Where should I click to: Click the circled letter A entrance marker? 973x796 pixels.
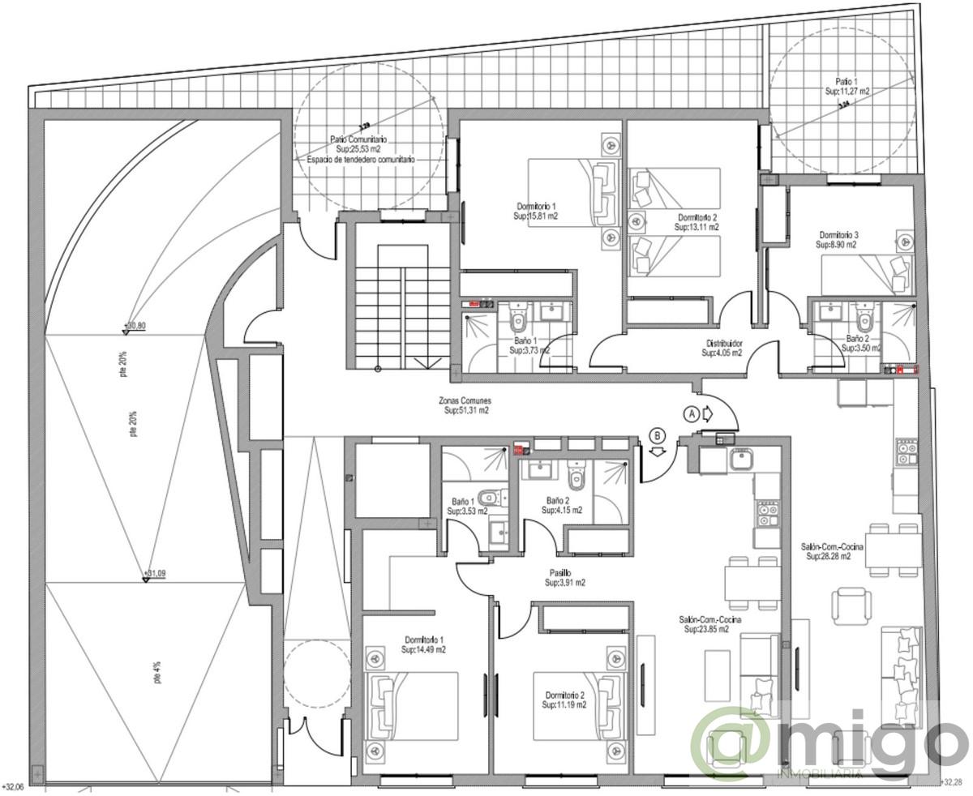click(x=692, y=412)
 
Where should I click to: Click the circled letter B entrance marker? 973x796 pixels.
click(x=658, y=435)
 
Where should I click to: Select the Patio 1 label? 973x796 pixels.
click(x=847, y=82)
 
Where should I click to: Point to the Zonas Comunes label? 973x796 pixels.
click(x=465, y=400)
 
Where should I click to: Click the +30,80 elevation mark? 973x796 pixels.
click(x=135, y=326)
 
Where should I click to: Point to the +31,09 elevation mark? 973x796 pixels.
click(x=156, y=574)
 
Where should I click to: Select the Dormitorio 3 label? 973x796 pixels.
click(x=838, y=234)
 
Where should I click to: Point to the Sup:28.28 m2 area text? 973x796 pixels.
click(x=829, y=557)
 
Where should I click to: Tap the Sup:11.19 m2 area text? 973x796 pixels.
click(x=564, y=705)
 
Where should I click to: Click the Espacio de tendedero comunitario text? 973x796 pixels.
click(x=360, y=160)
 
